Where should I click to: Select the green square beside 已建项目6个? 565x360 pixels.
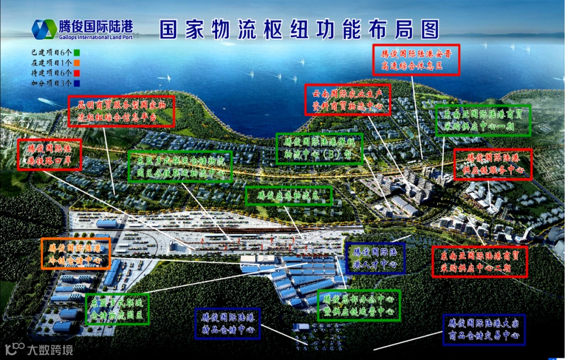coord(76,53)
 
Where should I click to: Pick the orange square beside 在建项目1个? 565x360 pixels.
coord(76,63)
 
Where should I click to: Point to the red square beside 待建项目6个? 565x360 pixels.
coord(76,73)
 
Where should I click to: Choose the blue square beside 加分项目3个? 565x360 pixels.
coord(76,83)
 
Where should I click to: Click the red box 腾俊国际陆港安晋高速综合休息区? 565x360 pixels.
coord(416,60)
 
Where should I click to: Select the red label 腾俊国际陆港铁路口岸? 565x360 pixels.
coord(49,154)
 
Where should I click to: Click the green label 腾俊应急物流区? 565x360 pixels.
coord(289,196)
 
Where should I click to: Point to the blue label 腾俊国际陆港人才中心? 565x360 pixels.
coord(375,258)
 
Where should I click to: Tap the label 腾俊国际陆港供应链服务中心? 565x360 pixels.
coord(492,164)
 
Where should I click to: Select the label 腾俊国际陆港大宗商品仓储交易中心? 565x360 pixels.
coord(483,330)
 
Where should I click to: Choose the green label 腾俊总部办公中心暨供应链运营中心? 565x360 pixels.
coord(359,306)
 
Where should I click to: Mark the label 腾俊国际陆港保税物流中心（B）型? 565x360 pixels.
coord(319,149)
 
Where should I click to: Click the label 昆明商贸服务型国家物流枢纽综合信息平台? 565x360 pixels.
coord(121,111)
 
